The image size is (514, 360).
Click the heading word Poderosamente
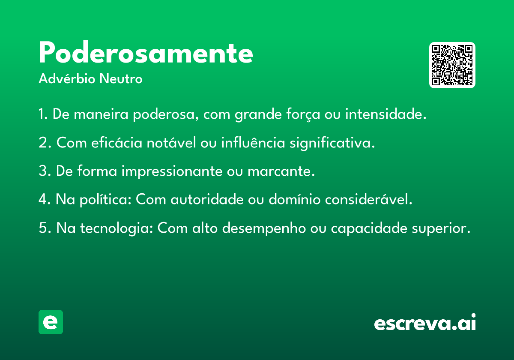click(146, 52)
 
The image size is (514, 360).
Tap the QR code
click(452, 65)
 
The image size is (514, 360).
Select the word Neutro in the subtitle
click(121, 79)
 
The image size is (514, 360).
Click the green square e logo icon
click(51, 322)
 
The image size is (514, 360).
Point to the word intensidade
click(386, 114)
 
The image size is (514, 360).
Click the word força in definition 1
click(303, 114)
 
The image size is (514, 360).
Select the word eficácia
click(117, 142)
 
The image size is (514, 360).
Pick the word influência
click(253, 142)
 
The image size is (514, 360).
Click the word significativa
click(332, 143)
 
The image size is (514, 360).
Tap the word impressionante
click(172, 171)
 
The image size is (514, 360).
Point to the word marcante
click(281, 171)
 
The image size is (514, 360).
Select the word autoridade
click(207, 199)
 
